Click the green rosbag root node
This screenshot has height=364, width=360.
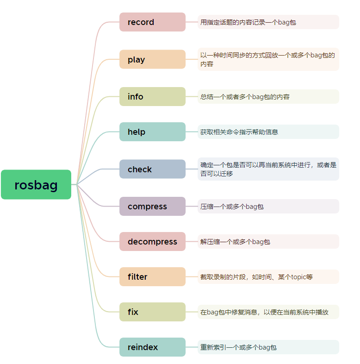[x=36, y=184]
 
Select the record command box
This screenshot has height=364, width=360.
[x=152, y=22]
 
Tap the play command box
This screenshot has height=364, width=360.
[x=152, y=59]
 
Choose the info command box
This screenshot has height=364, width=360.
[x=152, y=97]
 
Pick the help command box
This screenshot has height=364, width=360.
[x=152, y=132]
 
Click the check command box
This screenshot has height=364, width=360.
[x=152, y=169]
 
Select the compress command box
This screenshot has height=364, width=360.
[x=152, y=207]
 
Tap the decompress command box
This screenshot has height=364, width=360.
[x=152, y=242]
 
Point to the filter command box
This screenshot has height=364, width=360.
[x=152, y=277]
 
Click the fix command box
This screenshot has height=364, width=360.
[x=152, y=312]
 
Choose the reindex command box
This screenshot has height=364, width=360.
[x=152, y=347]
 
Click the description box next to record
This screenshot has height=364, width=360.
[x=268, y=22]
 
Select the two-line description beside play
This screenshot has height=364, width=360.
[x=268, y=59]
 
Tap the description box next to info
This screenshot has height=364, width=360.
[x=268, y=97]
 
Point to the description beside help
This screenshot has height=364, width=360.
[x=268, y=132]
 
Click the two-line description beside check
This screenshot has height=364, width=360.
[x=268, y=169]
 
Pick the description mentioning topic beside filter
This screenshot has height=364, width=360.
[x=268, y=277]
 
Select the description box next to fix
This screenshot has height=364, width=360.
[x=268, y=312]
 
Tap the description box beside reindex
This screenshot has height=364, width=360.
[x=268, y=347]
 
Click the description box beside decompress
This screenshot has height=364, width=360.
[x=268, y=242]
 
